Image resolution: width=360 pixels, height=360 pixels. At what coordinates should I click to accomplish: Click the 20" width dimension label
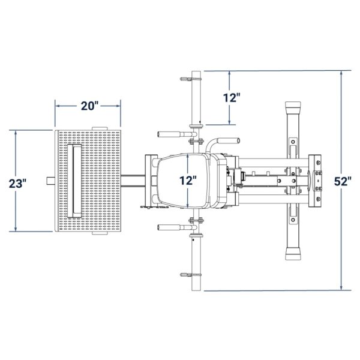pyautogui.click(x=89, y=106)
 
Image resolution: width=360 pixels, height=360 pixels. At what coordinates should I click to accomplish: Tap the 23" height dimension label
pyautogui.click(x=19, y=182)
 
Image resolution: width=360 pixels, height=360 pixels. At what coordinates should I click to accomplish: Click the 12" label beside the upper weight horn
pyautogui.click(x=230, y=97)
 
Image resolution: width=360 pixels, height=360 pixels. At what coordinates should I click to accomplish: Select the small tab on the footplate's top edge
pyautogui.click(x=99, y=127)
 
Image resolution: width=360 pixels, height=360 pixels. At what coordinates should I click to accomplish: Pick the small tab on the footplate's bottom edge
pyautogui.click(x=99, y=235)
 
